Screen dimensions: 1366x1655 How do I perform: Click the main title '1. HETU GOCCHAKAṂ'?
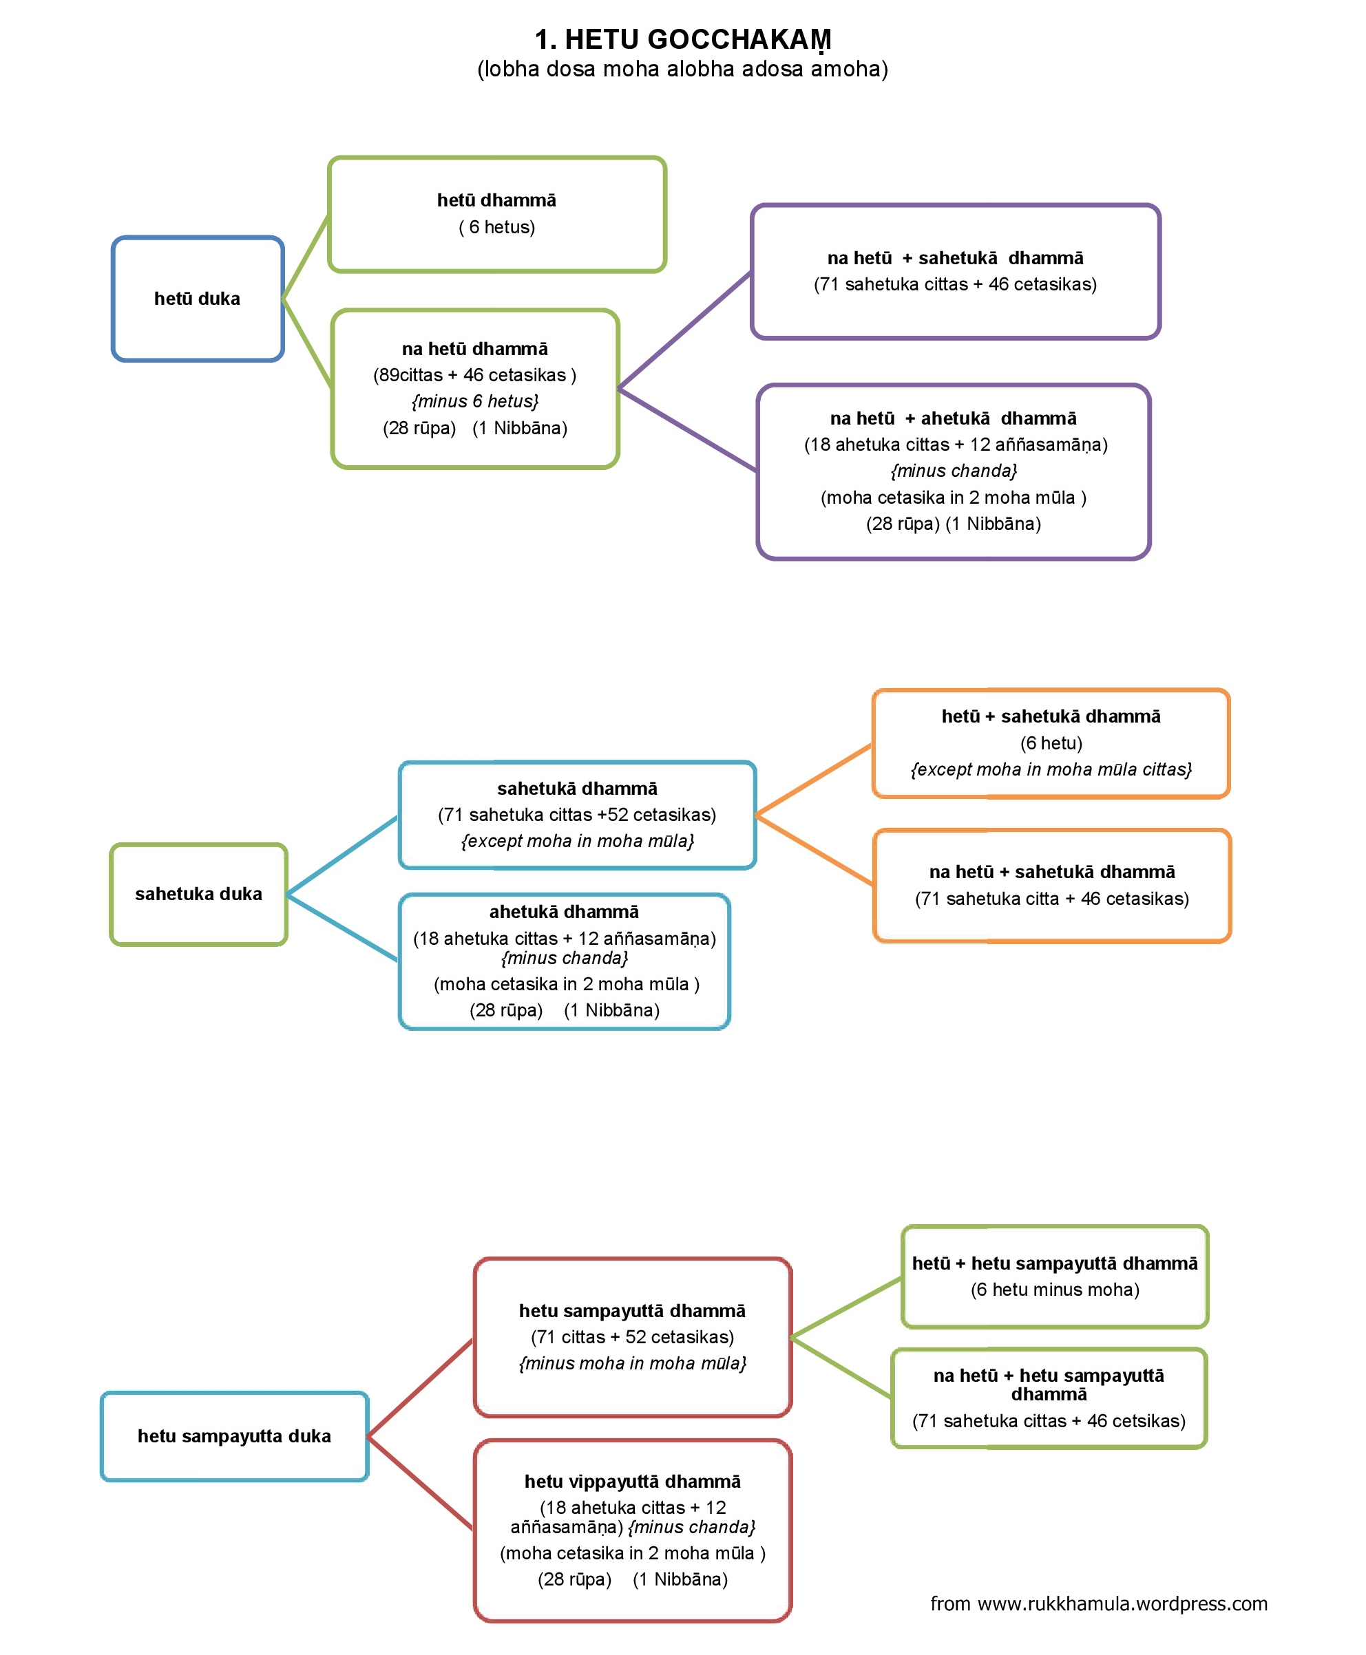coord(682,39)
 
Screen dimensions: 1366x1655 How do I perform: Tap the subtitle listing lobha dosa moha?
coord(682,70)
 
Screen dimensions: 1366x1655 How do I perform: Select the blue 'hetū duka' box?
coord(198,299)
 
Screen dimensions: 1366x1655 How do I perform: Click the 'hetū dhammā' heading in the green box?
coord(496,200)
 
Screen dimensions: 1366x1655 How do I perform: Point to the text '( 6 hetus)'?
coord(496,227)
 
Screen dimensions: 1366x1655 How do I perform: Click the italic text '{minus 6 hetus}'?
coord(475,401)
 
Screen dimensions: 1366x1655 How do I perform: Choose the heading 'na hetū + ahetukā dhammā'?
coord(953,418)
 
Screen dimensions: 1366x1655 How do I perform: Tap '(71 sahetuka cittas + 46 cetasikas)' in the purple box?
coord(955,285)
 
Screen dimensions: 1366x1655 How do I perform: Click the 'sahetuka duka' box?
coord(198,895)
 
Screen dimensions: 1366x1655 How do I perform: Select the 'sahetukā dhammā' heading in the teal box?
coord(577,789)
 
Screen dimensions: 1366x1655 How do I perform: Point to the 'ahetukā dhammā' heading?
coord(564,912)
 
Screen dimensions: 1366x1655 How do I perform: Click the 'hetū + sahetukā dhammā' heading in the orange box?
coord(1051,716)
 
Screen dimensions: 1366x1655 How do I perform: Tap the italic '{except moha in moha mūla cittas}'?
coord(1051,769)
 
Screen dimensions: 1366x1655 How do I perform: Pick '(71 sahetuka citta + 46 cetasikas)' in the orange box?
coord(1052,899)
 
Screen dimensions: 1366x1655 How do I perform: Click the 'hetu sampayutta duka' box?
coord(235,1436)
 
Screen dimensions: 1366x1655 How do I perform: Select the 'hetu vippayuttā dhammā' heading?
coord(633,1482)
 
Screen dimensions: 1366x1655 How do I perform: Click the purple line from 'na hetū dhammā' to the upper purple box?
coord(685,330)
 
